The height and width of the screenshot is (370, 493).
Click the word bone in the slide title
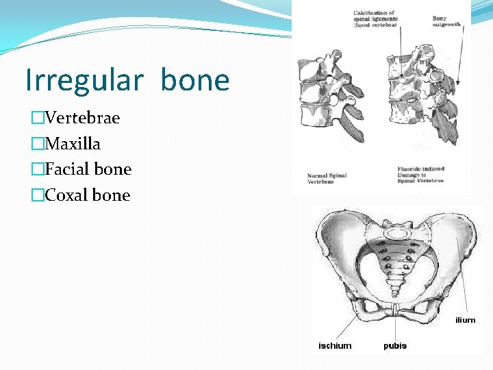coord(195,80)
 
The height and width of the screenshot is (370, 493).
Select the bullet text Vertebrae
coord(82,118)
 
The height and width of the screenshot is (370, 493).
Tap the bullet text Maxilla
coord(73,144)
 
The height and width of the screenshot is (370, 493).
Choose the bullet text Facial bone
coord(88,169)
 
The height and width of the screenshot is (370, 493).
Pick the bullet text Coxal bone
coord(87,195)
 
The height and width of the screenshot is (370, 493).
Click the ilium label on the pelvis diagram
coord(465,320)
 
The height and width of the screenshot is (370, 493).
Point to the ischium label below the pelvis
coord(335,346)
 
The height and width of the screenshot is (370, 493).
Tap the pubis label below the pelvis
coord(395,346)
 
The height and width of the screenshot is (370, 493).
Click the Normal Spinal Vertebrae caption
coord(327,178)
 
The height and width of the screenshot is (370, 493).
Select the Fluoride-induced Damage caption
coord(420,174)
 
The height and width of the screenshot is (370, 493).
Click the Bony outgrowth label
coord(447,21)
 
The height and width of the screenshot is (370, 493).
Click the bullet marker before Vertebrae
coord(37,119)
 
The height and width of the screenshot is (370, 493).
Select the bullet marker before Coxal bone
coord(37,196)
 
